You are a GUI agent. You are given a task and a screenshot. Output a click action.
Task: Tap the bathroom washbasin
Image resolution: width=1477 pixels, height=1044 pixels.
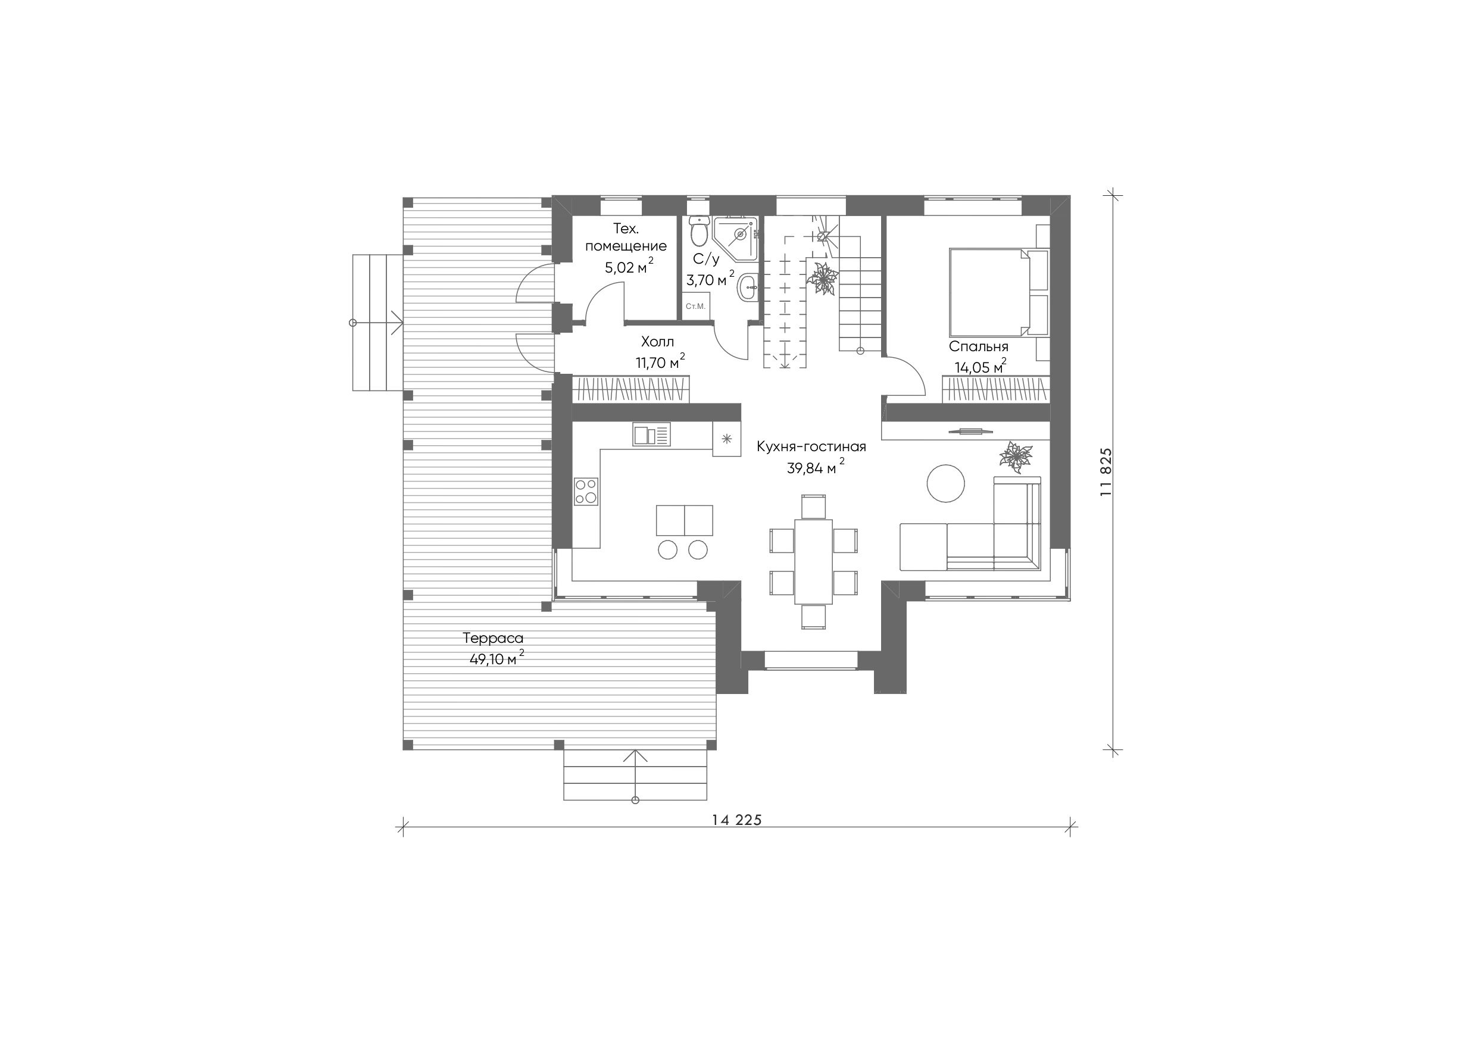pyautogui.click(x=748, y=287)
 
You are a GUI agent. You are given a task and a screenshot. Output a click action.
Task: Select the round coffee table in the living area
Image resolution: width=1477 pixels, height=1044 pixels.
pyautogui.click(x=945, y=483)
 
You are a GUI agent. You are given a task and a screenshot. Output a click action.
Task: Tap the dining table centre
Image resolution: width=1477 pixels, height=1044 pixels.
pyautogui.click(x=814, y=561)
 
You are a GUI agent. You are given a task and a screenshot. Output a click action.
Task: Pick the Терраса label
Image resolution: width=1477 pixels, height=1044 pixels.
pyautogui.click(x=493, y=638)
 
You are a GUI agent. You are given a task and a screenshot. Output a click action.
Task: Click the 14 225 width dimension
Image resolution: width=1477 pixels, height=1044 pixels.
pyautogui.click(x=736, y=820)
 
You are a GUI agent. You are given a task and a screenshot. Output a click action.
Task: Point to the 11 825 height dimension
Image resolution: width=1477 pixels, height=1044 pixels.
pyautogui.click(x=1107, y=472)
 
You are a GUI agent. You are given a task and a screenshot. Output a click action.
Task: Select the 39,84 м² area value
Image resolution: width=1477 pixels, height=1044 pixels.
pyautogui.click(x=816, y=468)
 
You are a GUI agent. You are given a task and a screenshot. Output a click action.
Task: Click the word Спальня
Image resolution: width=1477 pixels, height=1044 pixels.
pyautogui.click(x=979, y=347)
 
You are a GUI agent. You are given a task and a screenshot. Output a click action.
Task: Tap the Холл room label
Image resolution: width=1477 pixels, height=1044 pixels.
pyautogui.click(x=657, y=341)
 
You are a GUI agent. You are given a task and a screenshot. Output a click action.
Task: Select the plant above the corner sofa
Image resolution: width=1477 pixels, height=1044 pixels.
pyautogui.click(x=1016, y=457)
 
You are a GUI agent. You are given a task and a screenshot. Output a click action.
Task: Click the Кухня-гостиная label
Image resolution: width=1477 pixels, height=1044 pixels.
pyautogui.click(x=811, y=446)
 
